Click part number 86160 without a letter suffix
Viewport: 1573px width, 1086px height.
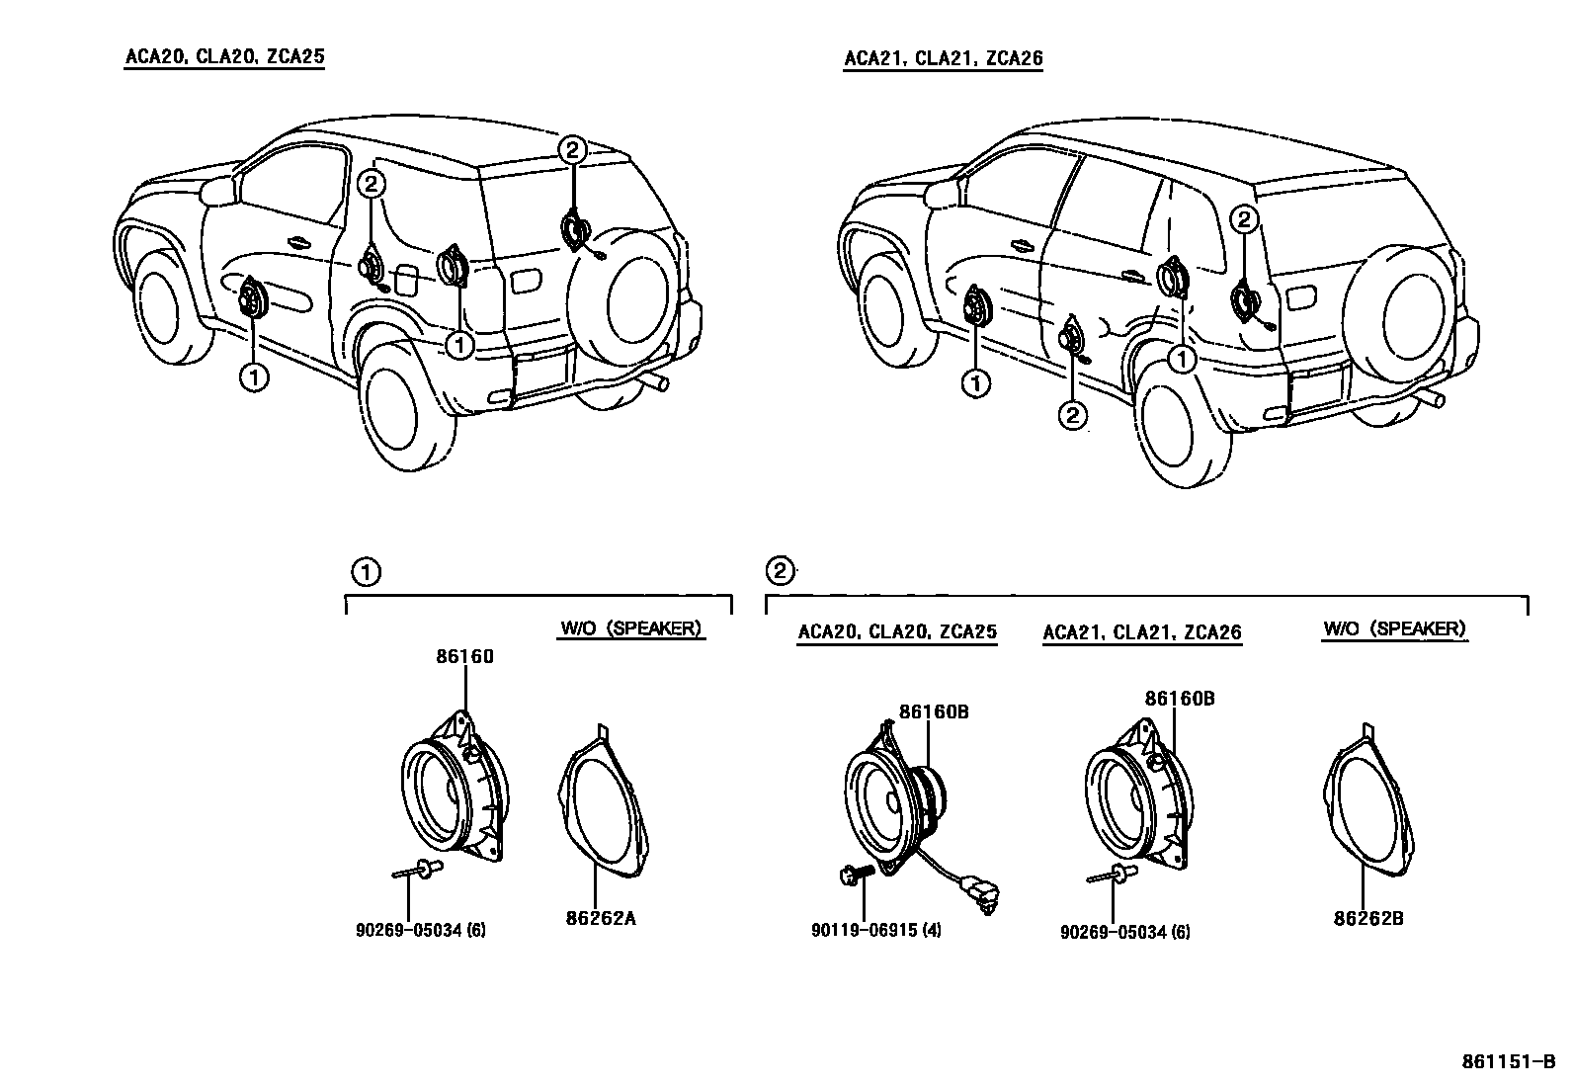[x=464, y=656]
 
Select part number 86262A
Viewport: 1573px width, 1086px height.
[x=600, y=918]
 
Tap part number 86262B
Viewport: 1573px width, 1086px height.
[x=1368, y=918]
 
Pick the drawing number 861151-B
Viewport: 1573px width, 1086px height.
[x=1509, y=1063]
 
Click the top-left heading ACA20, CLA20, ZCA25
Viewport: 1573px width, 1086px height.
[x=224, y=56]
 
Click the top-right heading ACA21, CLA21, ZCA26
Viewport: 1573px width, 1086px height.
[x=943, y=58]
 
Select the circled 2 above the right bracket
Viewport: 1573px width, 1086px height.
[x=780, y=570]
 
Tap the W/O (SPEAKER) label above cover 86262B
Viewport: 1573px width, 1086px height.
[x=1394, y=628]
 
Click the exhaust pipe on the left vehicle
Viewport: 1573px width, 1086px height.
[x=655, y=382]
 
